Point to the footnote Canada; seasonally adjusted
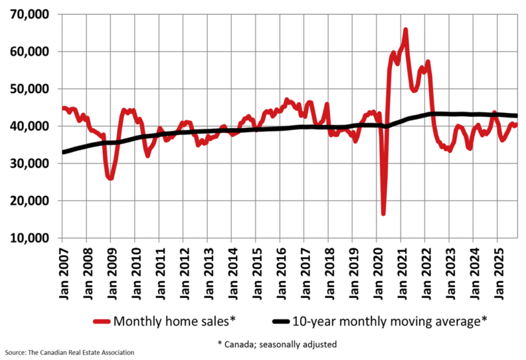click(x=277, y=344)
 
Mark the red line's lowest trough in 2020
click(x=383, y=213)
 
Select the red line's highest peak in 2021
click(x=405, y=30)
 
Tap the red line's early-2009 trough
click(x=110, y=178)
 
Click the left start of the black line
click(x=63, y=152)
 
